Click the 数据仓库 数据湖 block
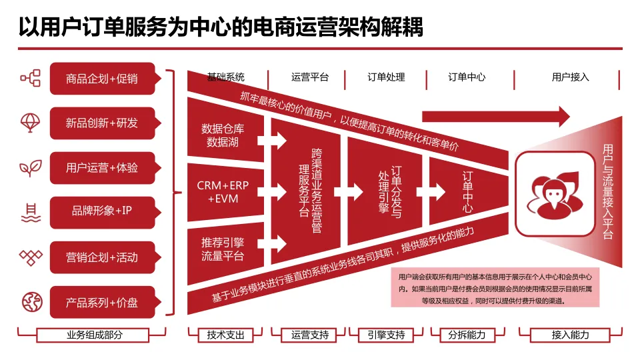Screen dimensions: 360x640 [x=223, y=135]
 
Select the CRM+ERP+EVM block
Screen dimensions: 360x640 [x=223, y=192]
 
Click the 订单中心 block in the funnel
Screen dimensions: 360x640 [x=467, y=192]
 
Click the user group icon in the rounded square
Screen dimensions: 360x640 [x=555, y=194]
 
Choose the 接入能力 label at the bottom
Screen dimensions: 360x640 [x=570, y=335]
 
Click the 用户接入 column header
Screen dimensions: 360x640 [x=570, y=77]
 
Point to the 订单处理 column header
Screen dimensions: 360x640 [x=386, y=77]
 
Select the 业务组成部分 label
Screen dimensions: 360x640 [x=95, y=335]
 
